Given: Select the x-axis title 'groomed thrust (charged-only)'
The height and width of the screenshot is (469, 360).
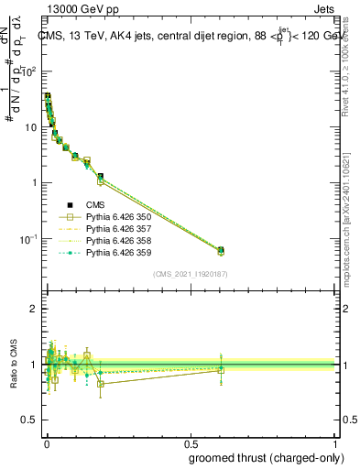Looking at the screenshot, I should [x=266, y=457].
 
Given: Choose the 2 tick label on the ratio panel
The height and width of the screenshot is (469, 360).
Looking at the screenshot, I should [x=34, y=310].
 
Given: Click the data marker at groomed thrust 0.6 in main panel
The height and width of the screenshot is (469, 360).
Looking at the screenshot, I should [x=220, y=250].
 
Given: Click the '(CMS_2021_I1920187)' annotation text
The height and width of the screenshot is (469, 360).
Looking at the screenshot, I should [x=190, y=273].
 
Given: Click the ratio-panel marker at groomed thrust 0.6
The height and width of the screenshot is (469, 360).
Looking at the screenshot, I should [x=220, y=369].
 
